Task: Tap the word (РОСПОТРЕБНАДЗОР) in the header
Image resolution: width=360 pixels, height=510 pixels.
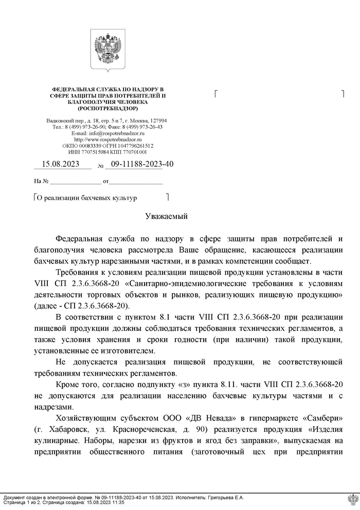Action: pos(107,109)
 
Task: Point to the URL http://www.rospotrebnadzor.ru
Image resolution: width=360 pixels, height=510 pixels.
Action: pos(107,139)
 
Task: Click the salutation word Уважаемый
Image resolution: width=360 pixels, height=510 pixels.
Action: pos(167,216)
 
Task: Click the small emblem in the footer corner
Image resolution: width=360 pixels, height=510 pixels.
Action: pos(352,500)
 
